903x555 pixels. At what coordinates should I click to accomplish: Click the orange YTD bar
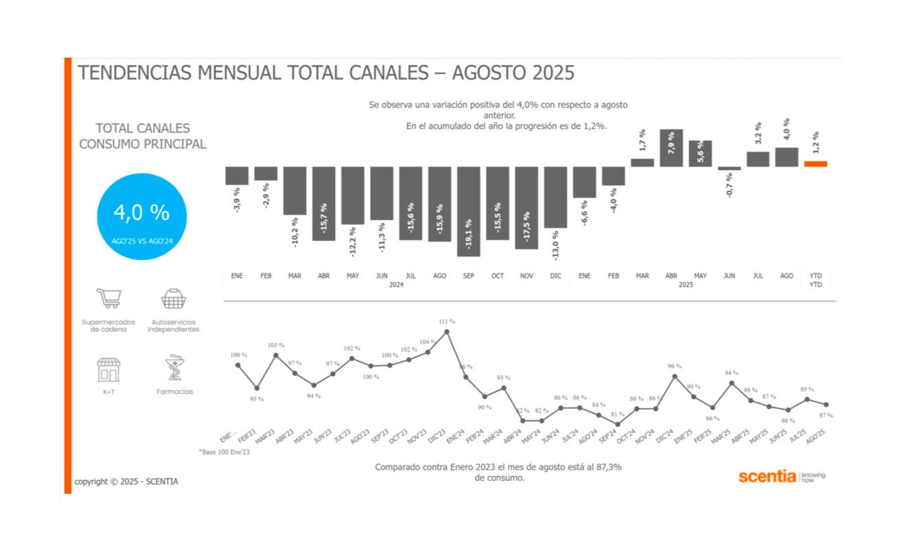[816, 164]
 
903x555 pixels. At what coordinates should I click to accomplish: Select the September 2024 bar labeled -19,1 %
[469, 211]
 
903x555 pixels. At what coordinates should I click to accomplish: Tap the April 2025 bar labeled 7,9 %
[671, 148]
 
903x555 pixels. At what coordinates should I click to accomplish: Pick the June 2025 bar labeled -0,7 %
[729, 168]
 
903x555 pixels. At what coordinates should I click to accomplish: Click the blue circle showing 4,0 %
[141, 216]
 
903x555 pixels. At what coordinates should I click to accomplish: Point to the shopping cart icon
[108, 298]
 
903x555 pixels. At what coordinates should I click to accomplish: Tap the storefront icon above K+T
[108, 369]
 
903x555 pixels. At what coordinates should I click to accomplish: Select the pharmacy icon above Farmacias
[174, 368]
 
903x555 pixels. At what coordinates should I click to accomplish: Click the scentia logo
[767, 476]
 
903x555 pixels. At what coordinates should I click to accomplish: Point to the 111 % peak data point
[447, 331]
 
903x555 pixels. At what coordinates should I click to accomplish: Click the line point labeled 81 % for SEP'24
[618, 424]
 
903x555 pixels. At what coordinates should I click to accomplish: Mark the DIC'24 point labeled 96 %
[675, 376]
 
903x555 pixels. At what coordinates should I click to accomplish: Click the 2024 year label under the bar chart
[396, 285]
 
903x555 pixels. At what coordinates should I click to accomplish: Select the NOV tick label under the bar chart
[526, 276]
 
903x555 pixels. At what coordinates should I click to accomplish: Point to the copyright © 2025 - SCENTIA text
[126, 482]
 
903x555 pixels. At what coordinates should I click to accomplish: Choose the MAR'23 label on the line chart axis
[265, 437]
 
